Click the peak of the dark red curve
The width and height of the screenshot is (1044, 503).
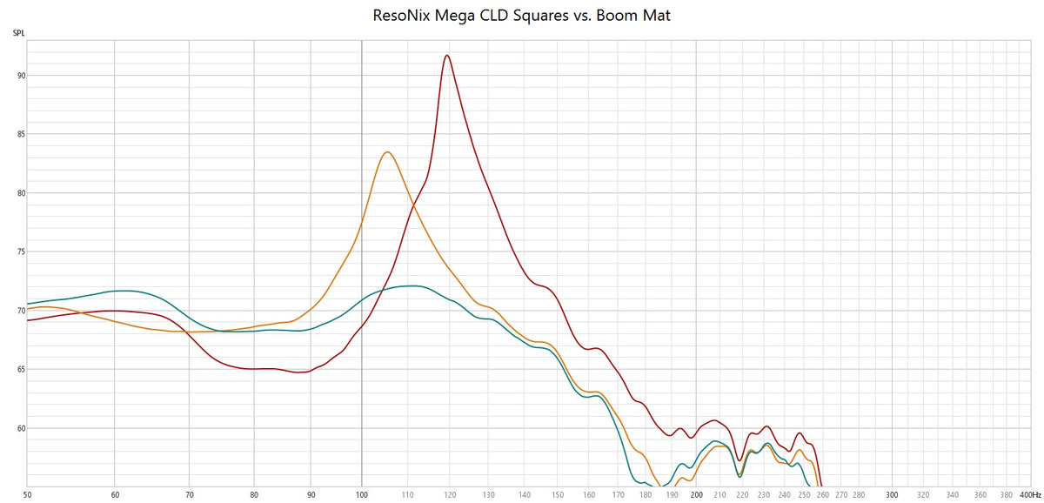(447, 56)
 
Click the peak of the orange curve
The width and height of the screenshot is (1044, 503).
(387, 152)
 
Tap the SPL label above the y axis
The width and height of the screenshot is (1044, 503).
(18, 34)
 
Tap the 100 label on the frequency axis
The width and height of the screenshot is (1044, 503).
(362, 493)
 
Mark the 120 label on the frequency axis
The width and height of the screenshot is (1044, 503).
(450, 493)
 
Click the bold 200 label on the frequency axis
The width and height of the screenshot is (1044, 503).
(697, 493)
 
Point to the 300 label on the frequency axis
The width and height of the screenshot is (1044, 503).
(893, 493)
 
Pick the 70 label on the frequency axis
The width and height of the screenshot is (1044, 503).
(190, 493)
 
